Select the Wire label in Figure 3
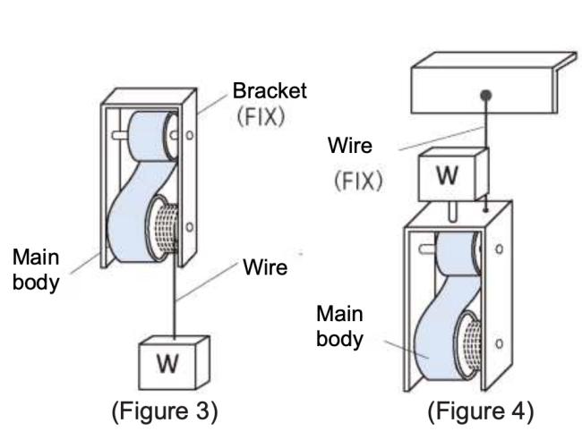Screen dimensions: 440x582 264,267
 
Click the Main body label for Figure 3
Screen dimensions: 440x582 36,267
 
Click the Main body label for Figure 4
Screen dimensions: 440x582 340,326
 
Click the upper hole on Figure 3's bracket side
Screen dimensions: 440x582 190,137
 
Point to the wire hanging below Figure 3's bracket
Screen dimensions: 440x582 175,300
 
